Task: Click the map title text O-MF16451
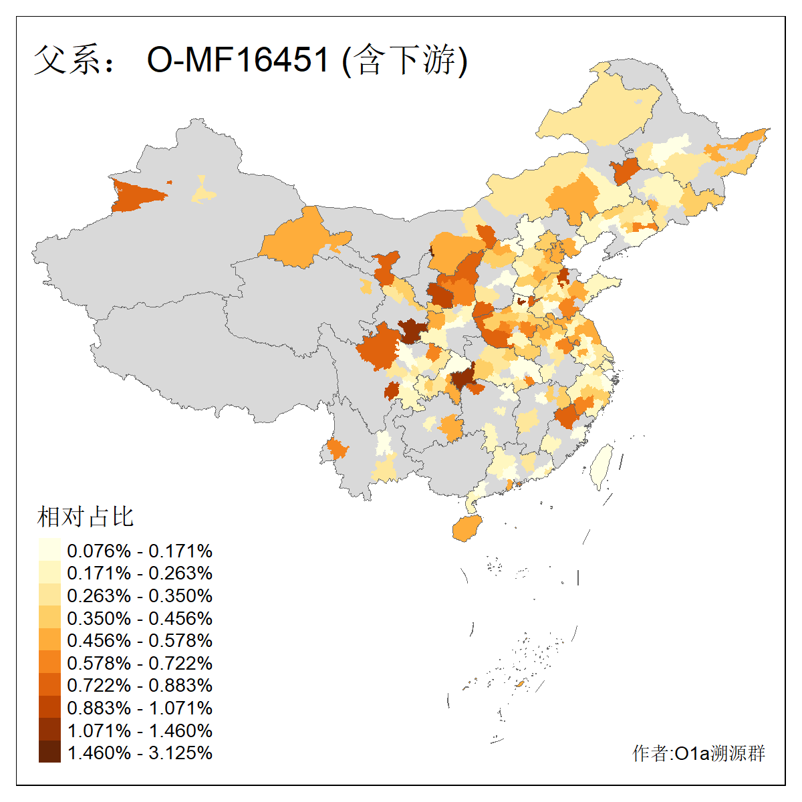(x=238, y=60)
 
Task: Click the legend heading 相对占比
(x=86, y=517)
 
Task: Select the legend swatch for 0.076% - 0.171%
(x=49, y=550)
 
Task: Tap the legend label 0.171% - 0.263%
(x=140, y=573)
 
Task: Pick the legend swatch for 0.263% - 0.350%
(x=49, y=595)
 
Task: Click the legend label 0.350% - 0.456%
(x=140, y=618)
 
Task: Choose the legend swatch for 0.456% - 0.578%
(x=49, y=640)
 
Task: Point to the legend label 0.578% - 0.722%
(x=140, y=663)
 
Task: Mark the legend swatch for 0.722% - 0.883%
(x=49, y=685)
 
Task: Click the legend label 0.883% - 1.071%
(x=140, y=708)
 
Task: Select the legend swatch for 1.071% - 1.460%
(x=49, y=730)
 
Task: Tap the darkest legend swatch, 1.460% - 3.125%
(x=49, y=753)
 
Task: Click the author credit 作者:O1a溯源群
(x=698, y=754)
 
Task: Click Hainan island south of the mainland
(x=466, y=528)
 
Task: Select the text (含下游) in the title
(x=404, y=60)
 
